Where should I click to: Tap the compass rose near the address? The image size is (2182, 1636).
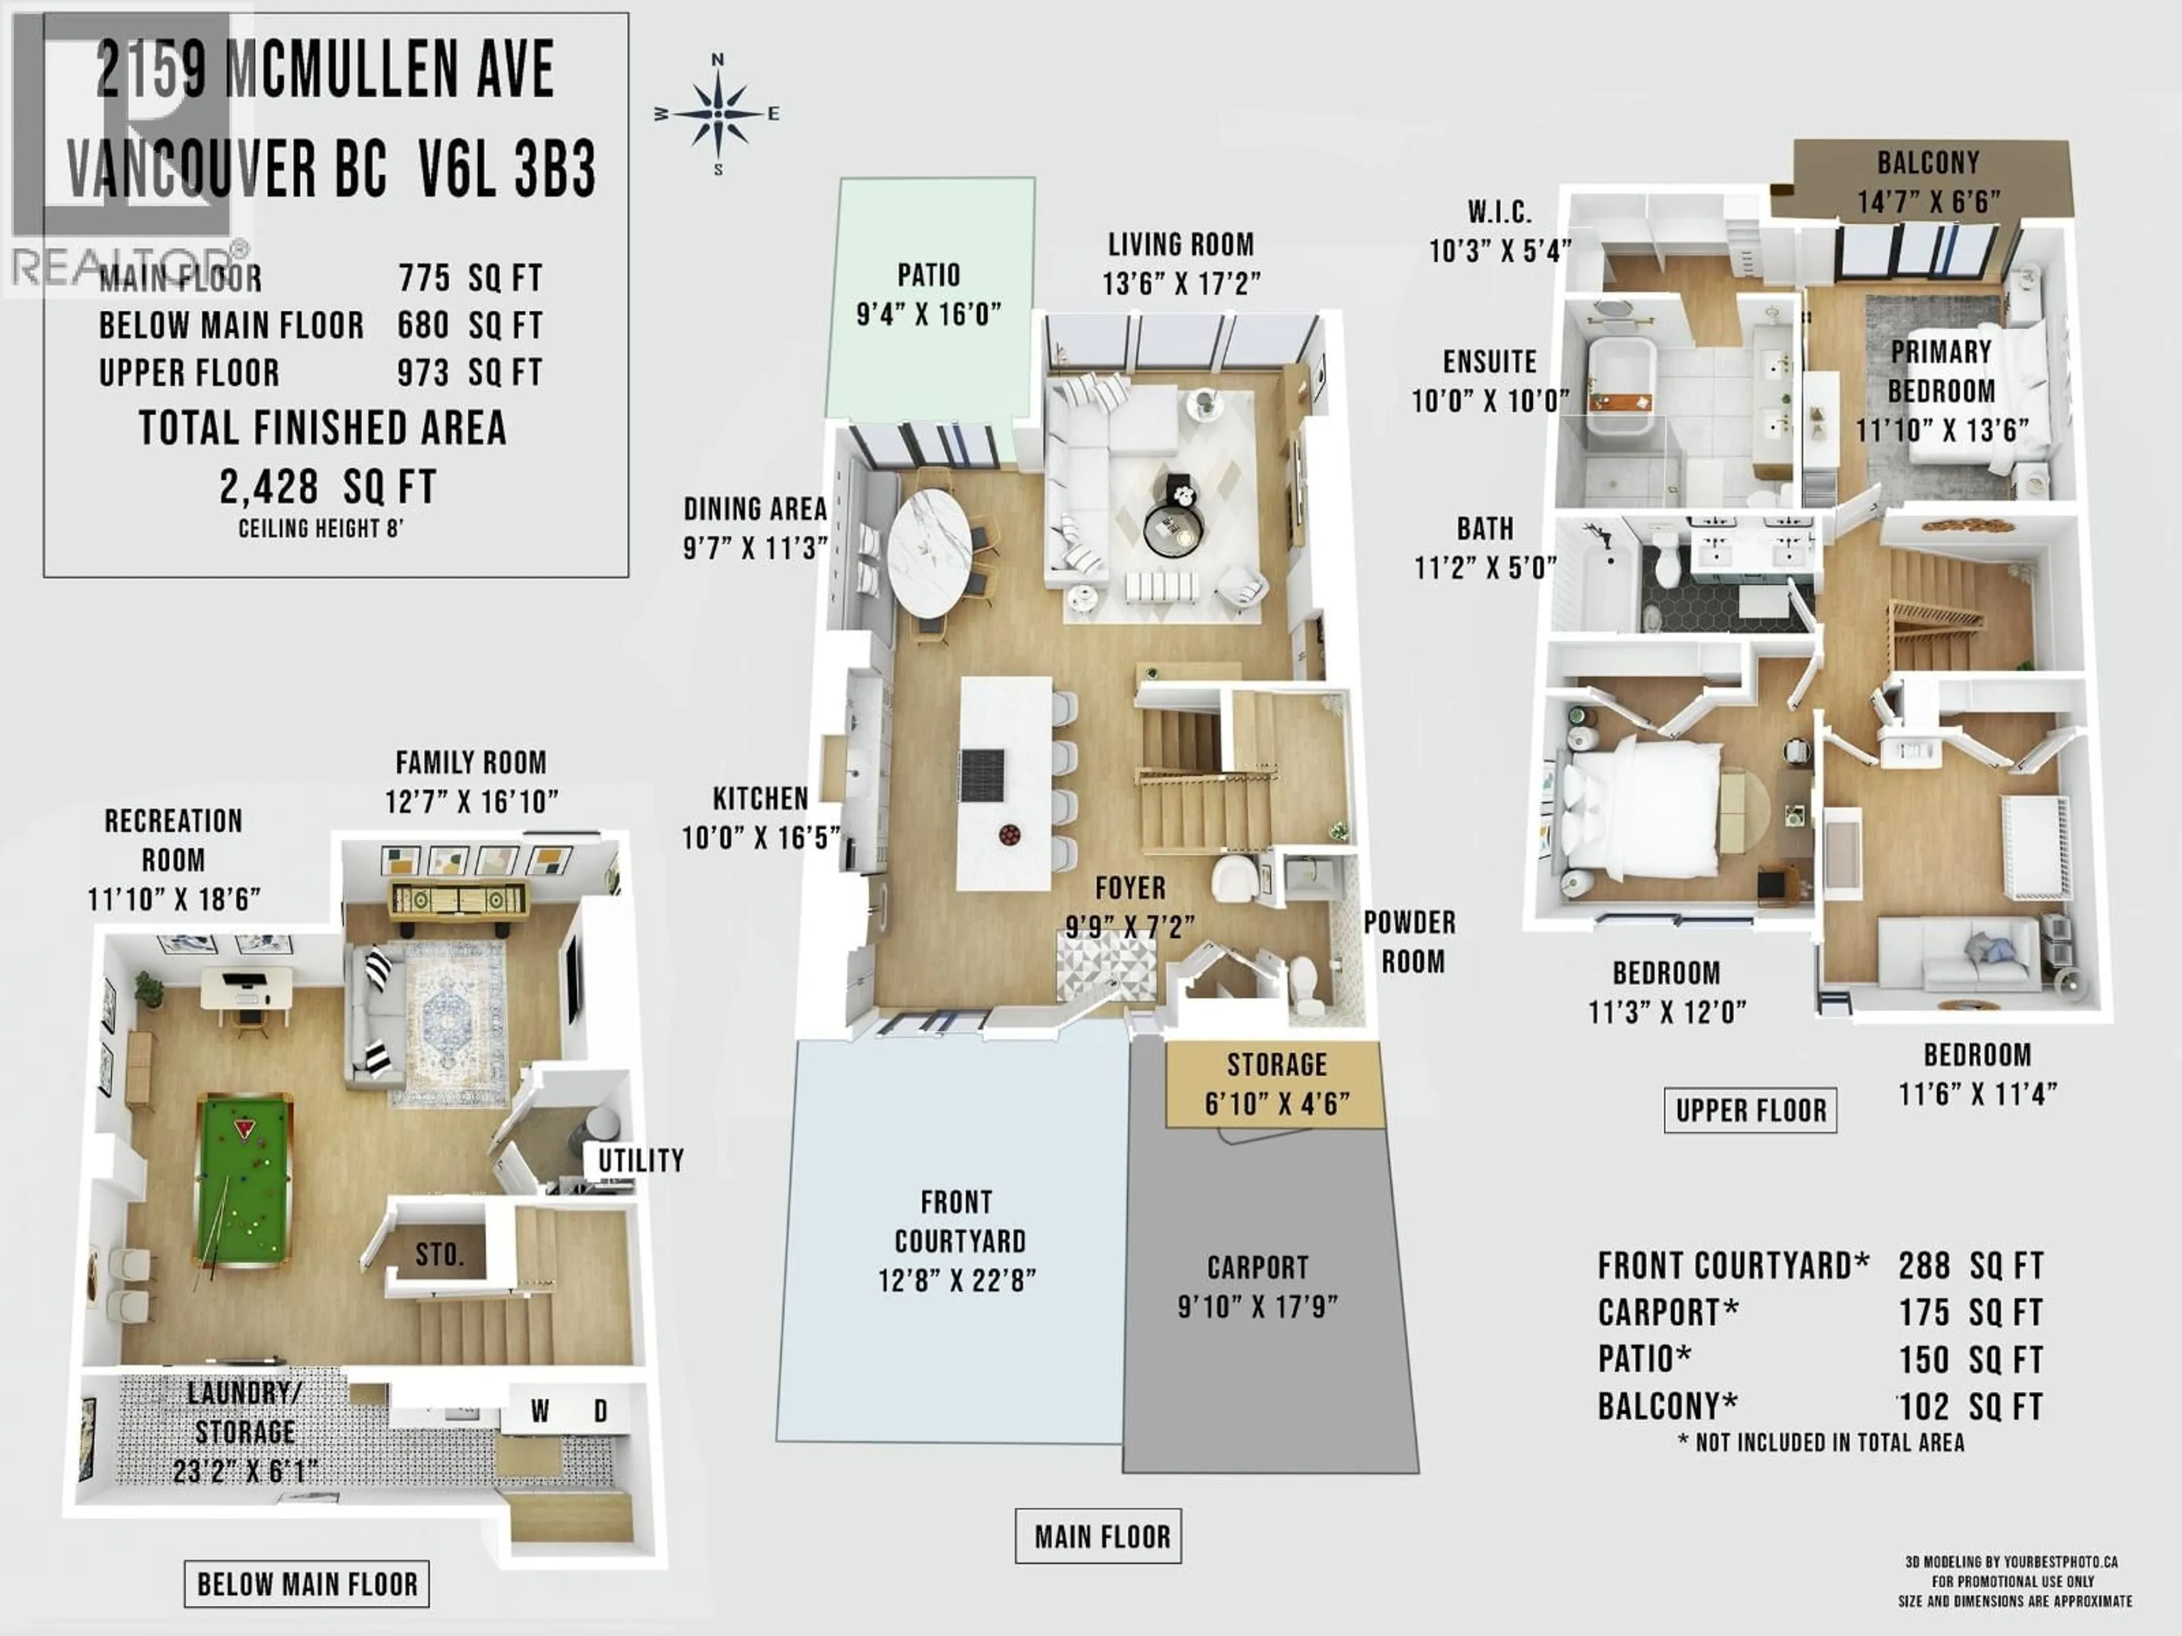click(717, 114)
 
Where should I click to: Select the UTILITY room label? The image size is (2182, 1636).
click(640, 1161)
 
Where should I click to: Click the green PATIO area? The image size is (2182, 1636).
click(928, 296)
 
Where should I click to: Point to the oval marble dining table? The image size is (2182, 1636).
click(928, 555)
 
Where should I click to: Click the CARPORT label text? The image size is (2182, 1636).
click(1257, 1267)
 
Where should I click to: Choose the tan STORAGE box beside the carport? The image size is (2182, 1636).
click(1276, 1084)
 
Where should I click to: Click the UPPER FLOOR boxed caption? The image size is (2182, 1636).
click(1750, 1111)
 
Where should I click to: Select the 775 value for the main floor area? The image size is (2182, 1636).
click(424, 278)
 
